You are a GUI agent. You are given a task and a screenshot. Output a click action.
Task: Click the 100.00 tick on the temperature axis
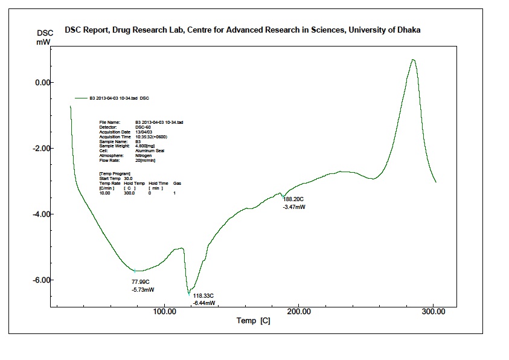tap(165, 312)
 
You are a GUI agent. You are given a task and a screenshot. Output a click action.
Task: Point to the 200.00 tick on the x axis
tap(299, 312)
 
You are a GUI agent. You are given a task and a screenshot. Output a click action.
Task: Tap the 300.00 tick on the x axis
tap(434, 312)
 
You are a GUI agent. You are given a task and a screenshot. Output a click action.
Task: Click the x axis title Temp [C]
tap(254, 321)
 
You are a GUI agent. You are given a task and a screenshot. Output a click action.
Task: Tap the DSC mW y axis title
tap(44, 37)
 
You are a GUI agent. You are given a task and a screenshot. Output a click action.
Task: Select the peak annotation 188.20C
tap(295, 199)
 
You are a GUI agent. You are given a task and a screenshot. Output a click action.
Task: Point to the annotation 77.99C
tap(140, 282)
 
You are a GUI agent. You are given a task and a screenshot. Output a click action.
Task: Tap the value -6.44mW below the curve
tap(204, 303)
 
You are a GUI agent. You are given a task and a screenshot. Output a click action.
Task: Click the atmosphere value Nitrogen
tap(144, 155)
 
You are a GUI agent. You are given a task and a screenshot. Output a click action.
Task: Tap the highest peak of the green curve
tap(413, 59)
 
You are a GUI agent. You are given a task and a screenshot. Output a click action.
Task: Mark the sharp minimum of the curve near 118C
tap(189, 294)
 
